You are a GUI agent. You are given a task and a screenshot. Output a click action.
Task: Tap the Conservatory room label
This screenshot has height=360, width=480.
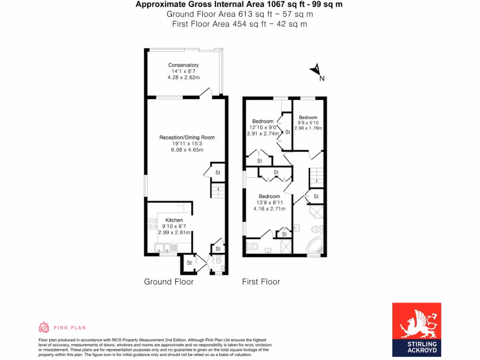click(183, 65)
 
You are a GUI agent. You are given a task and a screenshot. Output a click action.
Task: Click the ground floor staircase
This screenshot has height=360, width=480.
click(217, 190)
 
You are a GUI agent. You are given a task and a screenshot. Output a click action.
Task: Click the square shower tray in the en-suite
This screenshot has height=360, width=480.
click(285, 247)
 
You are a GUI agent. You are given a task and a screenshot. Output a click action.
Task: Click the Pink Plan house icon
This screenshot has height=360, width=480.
click(44, 327)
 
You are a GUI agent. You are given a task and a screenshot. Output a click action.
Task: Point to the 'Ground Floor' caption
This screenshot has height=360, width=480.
click(169, 282)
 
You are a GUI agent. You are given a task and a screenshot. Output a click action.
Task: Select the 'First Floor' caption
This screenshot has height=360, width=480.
click(261, 282)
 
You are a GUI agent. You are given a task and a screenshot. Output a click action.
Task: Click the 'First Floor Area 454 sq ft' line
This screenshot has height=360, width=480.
click(240, 24)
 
